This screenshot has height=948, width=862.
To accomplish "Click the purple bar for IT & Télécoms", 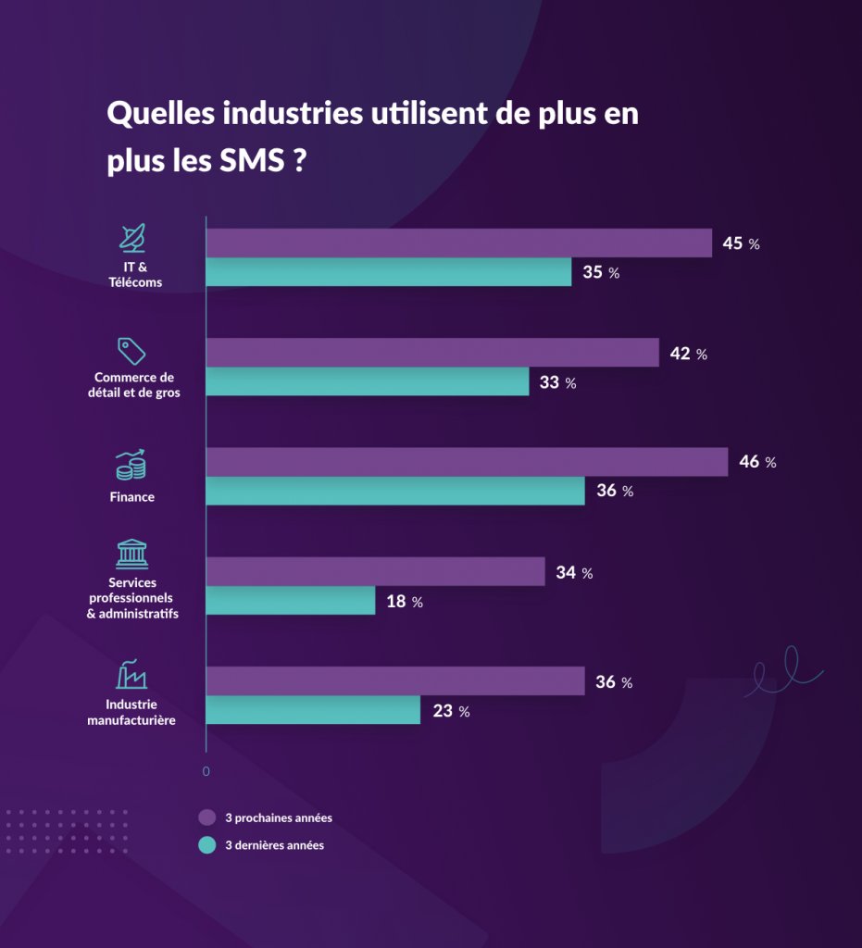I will tap(458, 243).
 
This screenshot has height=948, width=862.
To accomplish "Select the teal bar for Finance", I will tap(395, 491).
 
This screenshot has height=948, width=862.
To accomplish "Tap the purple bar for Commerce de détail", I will tap(432, 353).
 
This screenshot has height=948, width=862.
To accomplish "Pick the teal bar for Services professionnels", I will tap(290, 601).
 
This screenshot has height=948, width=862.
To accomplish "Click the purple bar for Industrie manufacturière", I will tap(395, 681).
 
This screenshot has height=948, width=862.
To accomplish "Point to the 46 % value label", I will tap(757, 462).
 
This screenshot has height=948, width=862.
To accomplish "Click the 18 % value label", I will tap(404, 602).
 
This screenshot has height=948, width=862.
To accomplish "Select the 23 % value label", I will tap(451, 711).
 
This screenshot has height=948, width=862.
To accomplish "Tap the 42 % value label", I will tap(688, 354).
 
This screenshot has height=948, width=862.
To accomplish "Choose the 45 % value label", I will tap(741, 243).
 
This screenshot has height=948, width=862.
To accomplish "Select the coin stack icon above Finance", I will tap(131, 465).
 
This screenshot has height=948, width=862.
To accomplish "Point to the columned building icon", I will tap(131, 554).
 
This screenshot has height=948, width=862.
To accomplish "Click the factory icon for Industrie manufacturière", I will tap(131, 675).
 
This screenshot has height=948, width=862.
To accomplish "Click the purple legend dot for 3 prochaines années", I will tap(207, 817).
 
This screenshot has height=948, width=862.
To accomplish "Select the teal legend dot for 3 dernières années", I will tap(207, 845).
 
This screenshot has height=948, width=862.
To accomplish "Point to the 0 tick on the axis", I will tap(206, 771).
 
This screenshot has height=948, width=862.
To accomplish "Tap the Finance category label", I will tap(131, 497).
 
